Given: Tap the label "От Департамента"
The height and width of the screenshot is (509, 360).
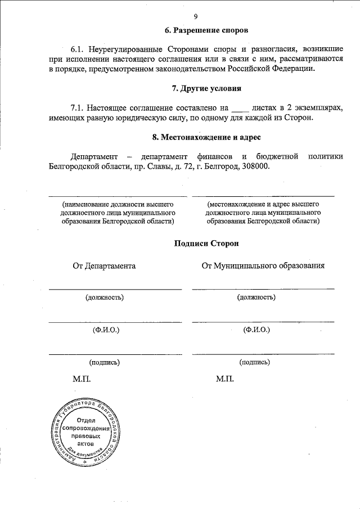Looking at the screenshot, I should pyautogui.click(x=103, y=265).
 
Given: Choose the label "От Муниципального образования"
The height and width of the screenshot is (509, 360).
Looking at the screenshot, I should pyautogui.click(x=263, y=265).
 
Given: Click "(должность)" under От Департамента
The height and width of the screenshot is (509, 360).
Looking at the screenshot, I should pyautogui.click(x=105, y=297).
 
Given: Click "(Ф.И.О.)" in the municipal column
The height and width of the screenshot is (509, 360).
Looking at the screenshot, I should pyautogui.click(x=256, y=330).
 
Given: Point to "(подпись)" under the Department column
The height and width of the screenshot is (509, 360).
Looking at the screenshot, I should pyautogui.click(x=104, y=363).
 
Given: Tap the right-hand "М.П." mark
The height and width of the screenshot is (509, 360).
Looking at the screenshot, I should pyautogui.click(x=224, y=379).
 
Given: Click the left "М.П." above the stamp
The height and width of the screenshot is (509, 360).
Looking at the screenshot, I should pyautogui.click(x=81, y=379).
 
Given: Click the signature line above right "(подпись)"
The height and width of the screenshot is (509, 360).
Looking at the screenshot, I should pyautogui.click(x=263, y=353).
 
